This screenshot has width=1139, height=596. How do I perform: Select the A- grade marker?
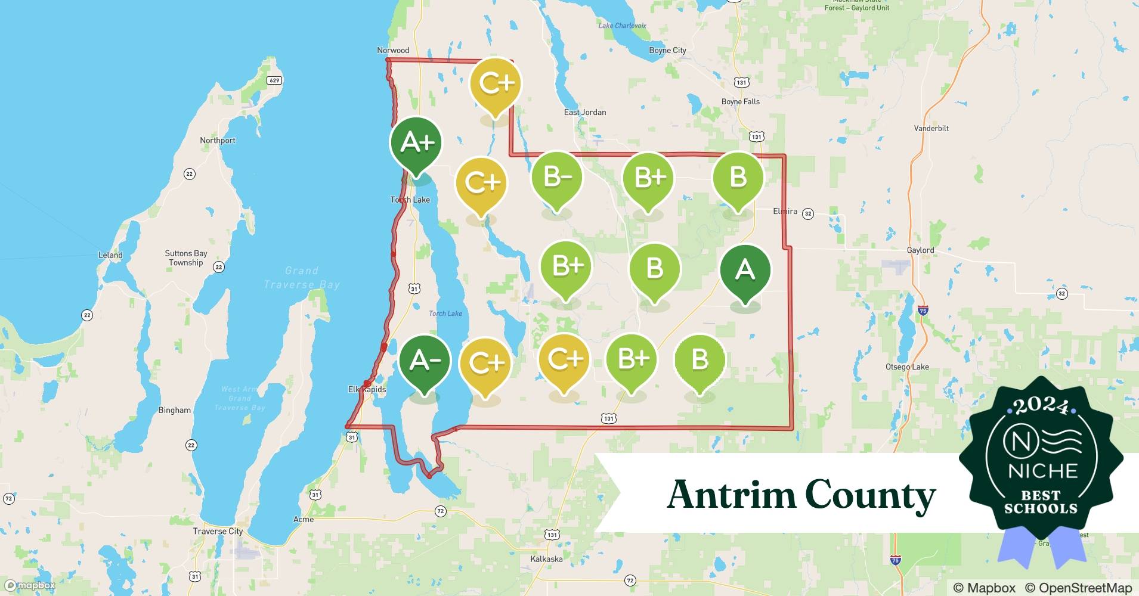click(424, 360)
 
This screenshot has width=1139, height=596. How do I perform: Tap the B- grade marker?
click(557, 177)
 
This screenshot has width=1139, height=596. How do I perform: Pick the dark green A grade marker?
click(745, 270)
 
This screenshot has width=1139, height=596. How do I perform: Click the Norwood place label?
click(393, 50)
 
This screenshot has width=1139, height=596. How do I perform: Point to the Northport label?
click(217, 141)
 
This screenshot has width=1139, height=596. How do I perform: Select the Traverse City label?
click(218, 531)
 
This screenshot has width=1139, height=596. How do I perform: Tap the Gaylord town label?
click(920, 250)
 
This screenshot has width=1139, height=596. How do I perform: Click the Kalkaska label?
click(546, 559)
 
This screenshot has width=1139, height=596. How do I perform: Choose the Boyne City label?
click(667, 51)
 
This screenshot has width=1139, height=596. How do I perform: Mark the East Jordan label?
click(584, 112)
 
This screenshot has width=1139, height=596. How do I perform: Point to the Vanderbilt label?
click(931, 128)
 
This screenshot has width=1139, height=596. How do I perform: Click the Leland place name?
click(110, 255)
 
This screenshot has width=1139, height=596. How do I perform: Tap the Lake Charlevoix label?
click(622, 26)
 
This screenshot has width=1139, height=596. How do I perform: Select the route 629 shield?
click(274, 80)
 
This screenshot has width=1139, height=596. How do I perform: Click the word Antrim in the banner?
click(731, 495)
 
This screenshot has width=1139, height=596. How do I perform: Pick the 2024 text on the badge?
click(1041, 406)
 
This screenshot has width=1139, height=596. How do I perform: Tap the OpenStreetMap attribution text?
click(1078, 588)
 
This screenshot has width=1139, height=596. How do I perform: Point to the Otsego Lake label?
click(907, 367)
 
